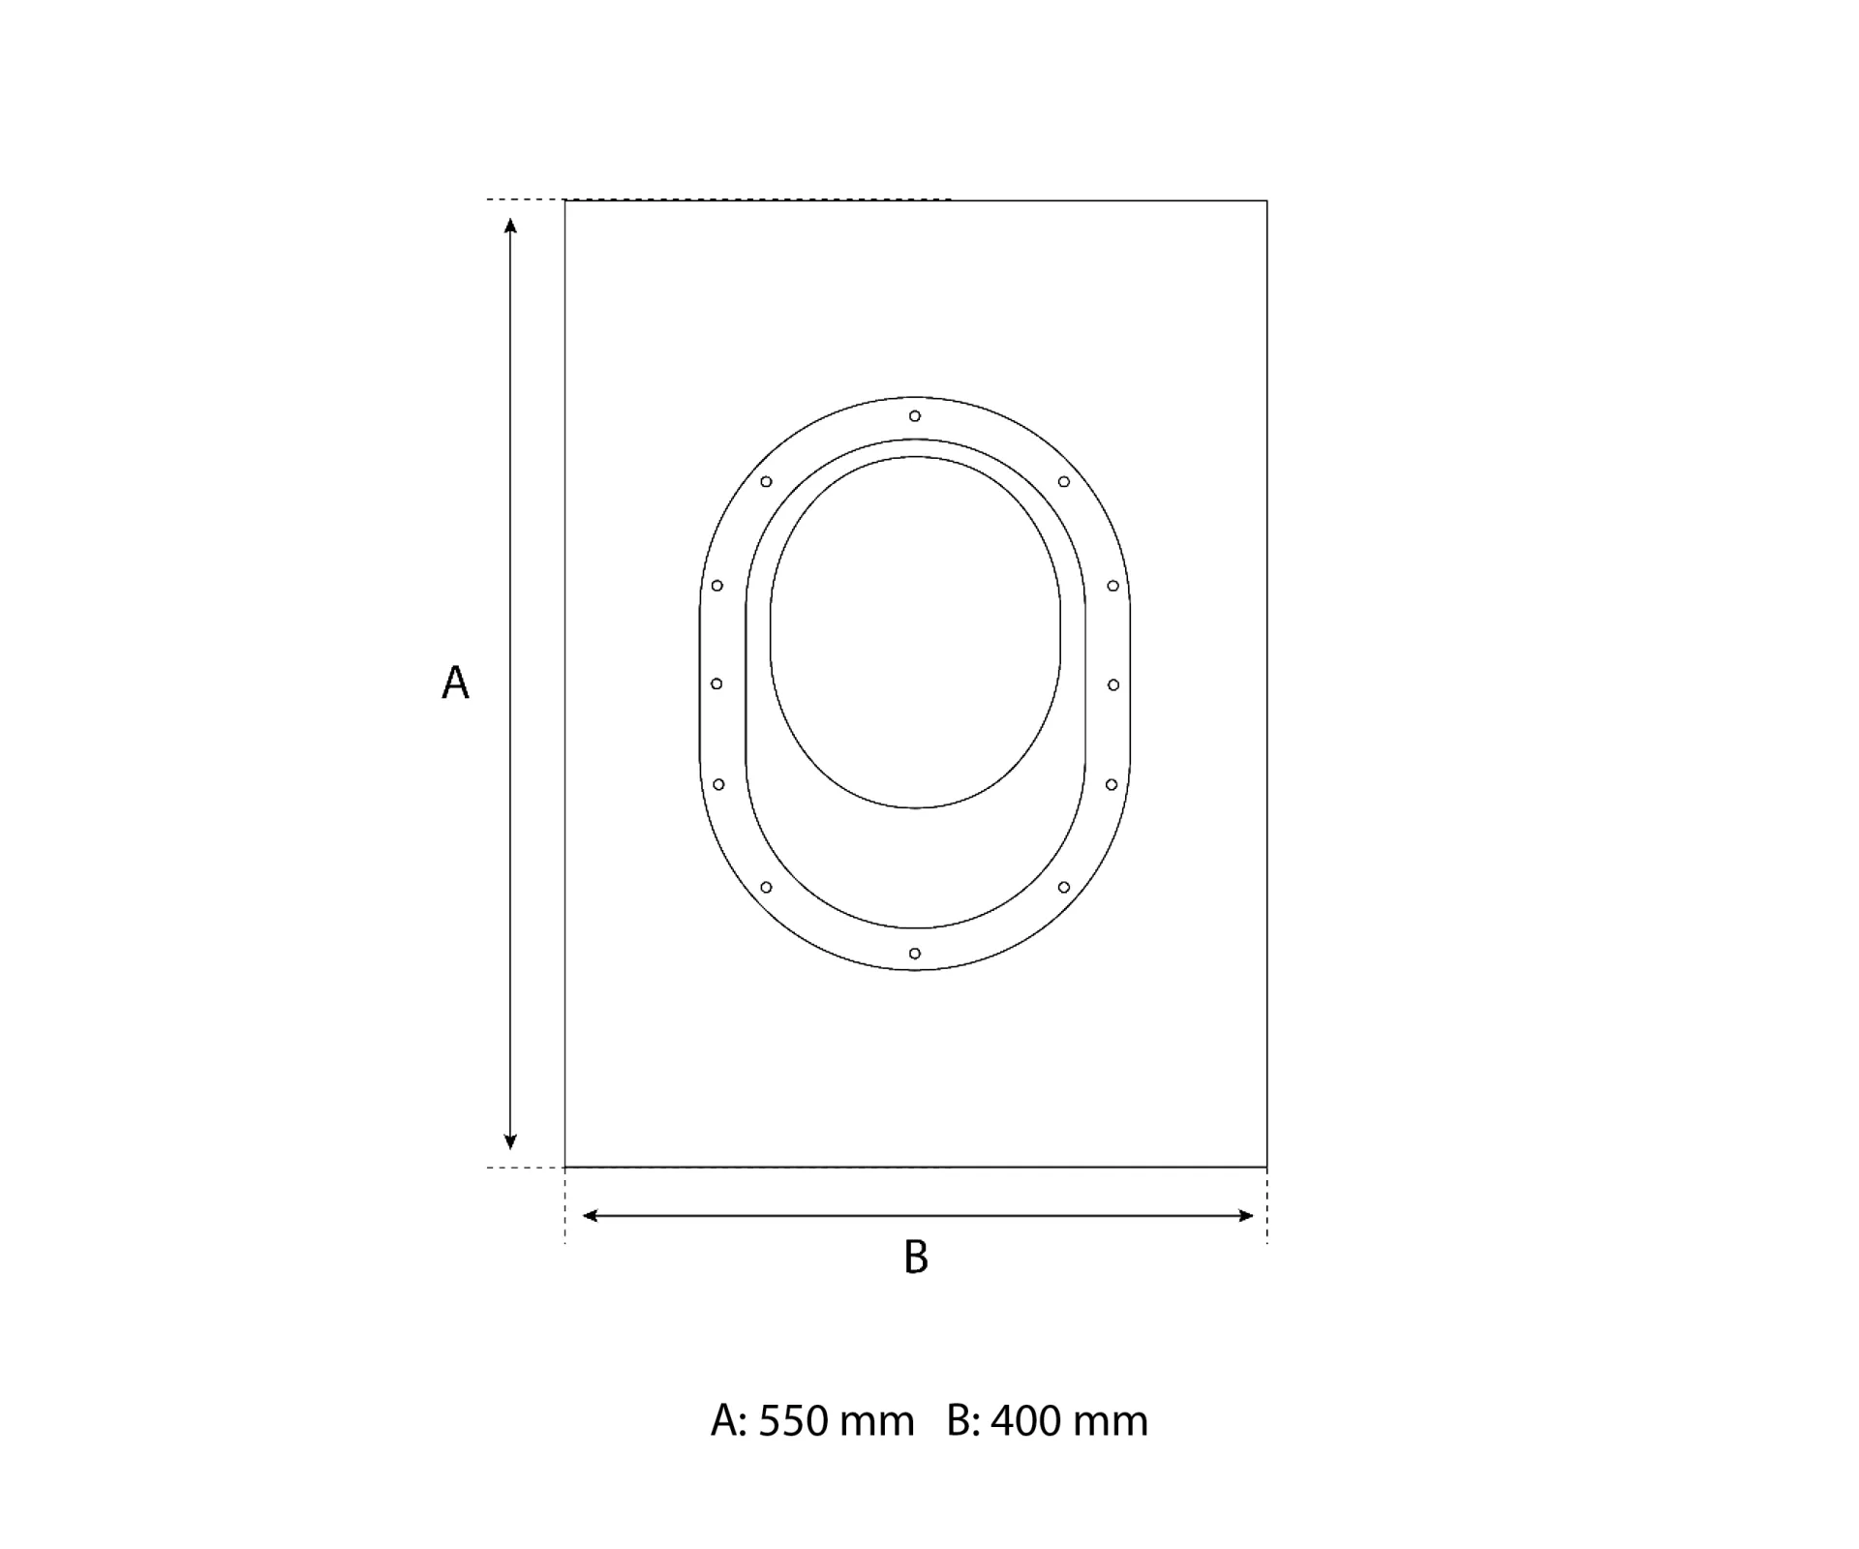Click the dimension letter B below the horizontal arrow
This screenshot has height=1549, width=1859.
coord(916,1257)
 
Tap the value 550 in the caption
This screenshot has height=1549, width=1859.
coord(795,1421)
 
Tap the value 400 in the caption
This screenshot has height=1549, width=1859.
coord(1027,1421)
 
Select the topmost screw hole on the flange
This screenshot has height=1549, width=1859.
coord(915,416)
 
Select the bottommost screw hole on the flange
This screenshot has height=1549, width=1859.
coord(915,954)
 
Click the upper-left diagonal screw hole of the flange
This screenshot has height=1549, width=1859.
coord(766,481)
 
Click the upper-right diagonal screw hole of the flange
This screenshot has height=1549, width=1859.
coord(1064,481)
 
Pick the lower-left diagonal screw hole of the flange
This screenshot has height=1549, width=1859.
coord(766,887)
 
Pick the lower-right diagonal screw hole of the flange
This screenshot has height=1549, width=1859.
coord(1064,887)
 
